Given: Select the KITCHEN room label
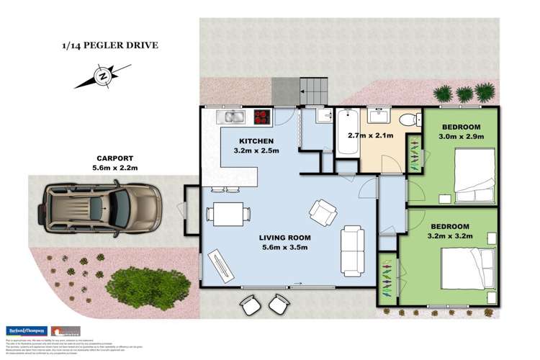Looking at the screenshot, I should point(255,140).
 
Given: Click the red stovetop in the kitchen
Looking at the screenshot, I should point(259,114).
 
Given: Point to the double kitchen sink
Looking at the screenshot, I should point(233,114).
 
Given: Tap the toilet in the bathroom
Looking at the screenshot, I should point(410,120).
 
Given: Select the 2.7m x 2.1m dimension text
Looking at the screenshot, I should point(369,135).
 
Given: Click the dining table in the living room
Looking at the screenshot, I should point(228,214).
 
